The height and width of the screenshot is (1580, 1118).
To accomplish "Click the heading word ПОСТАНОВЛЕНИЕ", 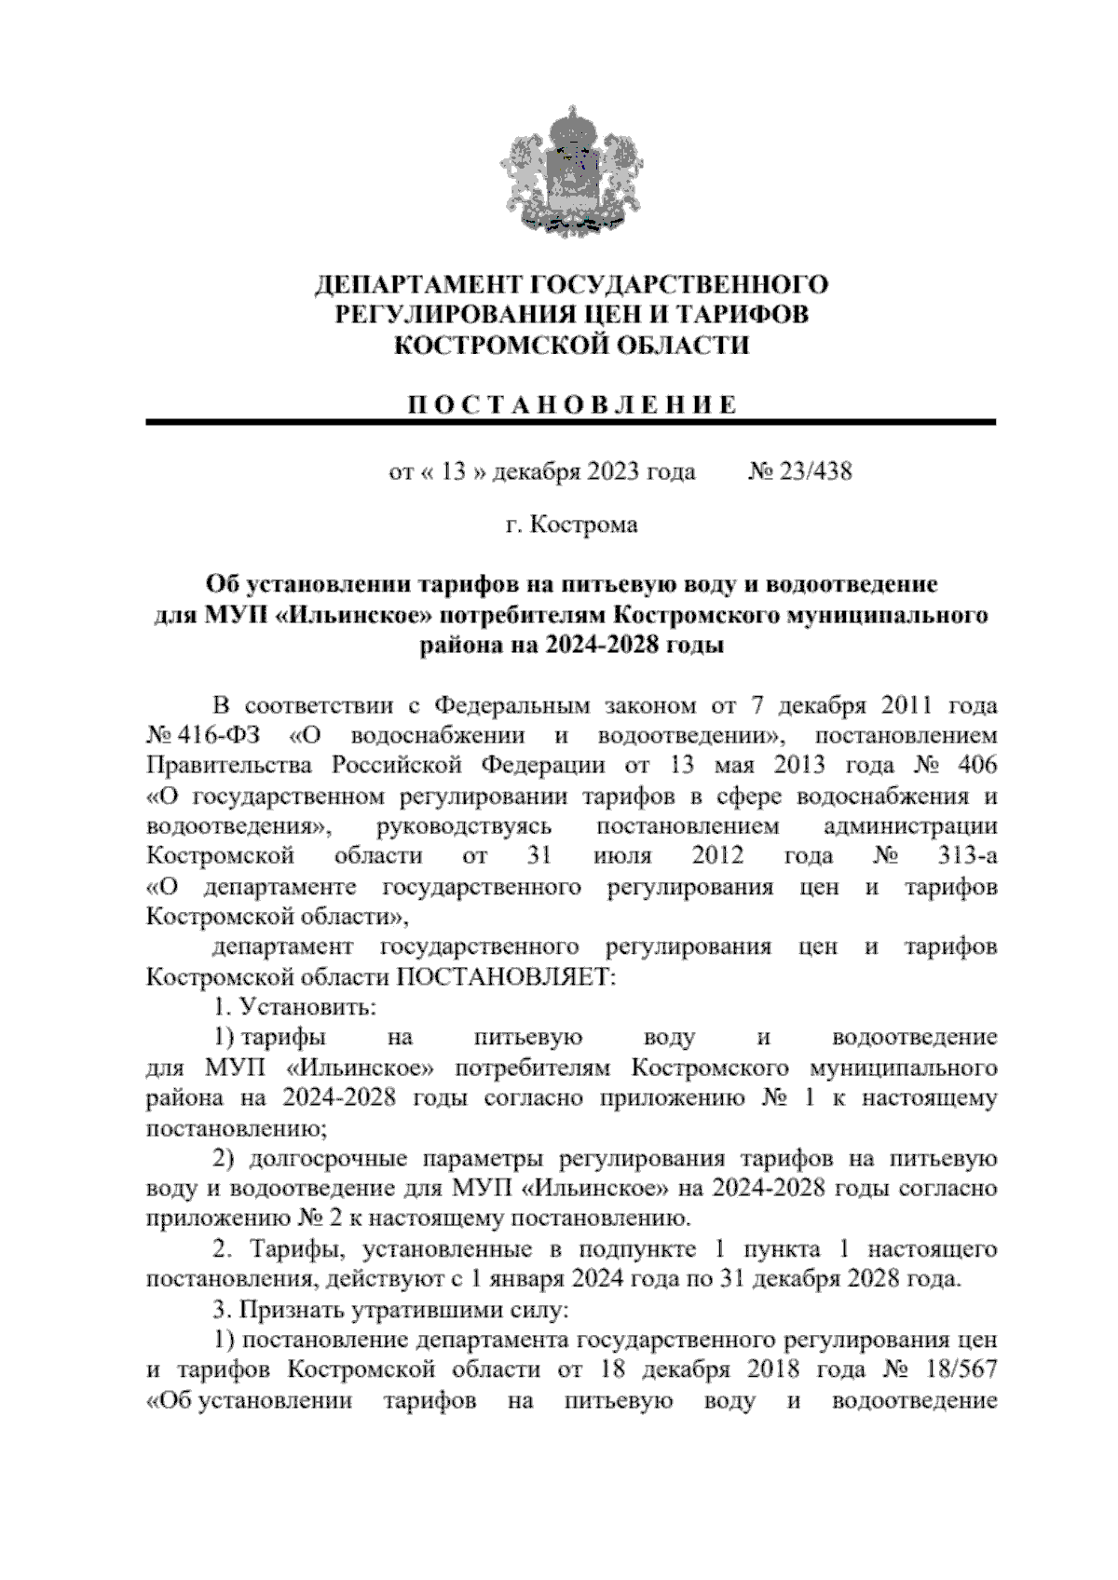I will pos(571,404).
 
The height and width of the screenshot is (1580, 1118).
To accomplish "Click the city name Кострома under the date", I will pos(584,525).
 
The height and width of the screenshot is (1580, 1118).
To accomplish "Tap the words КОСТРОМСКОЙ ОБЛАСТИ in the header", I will pos(571,346).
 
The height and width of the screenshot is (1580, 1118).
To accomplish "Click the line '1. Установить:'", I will pos(294,1007).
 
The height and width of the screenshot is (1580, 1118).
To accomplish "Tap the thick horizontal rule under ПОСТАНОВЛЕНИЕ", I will pos(571,423).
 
